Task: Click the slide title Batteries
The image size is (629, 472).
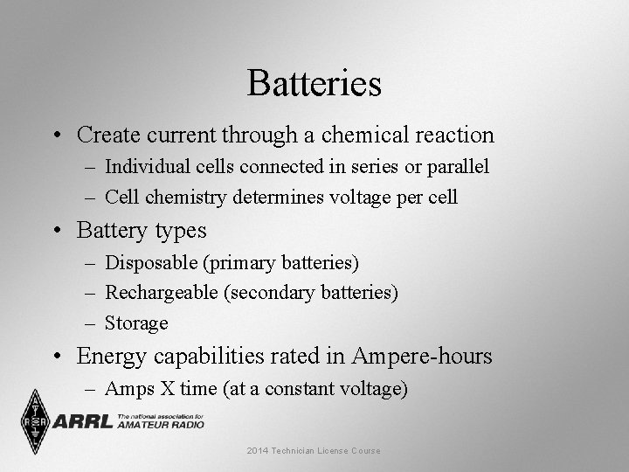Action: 314,84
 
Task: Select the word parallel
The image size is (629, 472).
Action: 457,166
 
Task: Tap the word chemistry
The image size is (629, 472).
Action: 188,198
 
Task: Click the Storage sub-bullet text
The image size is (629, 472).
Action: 136,323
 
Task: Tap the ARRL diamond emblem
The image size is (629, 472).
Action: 35,420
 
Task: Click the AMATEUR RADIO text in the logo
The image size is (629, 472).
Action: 159,425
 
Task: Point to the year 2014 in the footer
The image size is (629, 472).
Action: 259,450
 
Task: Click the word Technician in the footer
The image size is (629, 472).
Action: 298,450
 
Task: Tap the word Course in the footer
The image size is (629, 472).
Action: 364,450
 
